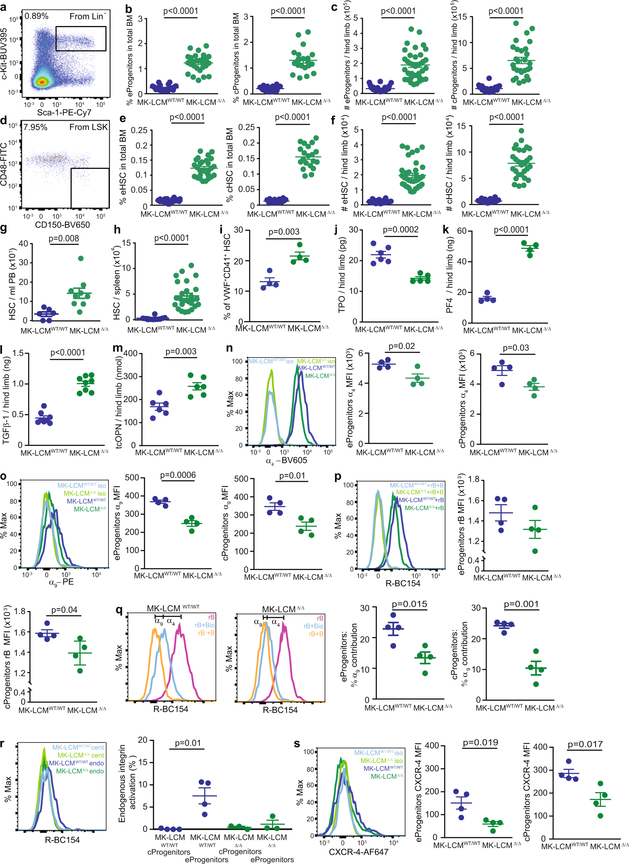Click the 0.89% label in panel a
(37, 16)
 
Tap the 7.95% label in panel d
(35, 127)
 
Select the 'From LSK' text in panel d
(88, 127)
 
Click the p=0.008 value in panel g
(64, 238)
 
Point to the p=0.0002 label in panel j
(401, 230)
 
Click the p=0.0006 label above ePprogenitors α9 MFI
(178, 475)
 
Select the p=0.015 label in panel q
(409, 604)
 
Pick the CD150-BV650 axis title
(62, 225)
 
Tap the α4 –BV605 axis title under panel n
(286, 460)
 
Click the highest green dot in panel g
(81, 258)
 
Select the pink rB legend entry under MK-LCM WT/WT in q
(211, 617)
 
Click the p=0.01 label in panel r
(188, 743)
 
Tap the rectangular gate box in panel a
(81, 38)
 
